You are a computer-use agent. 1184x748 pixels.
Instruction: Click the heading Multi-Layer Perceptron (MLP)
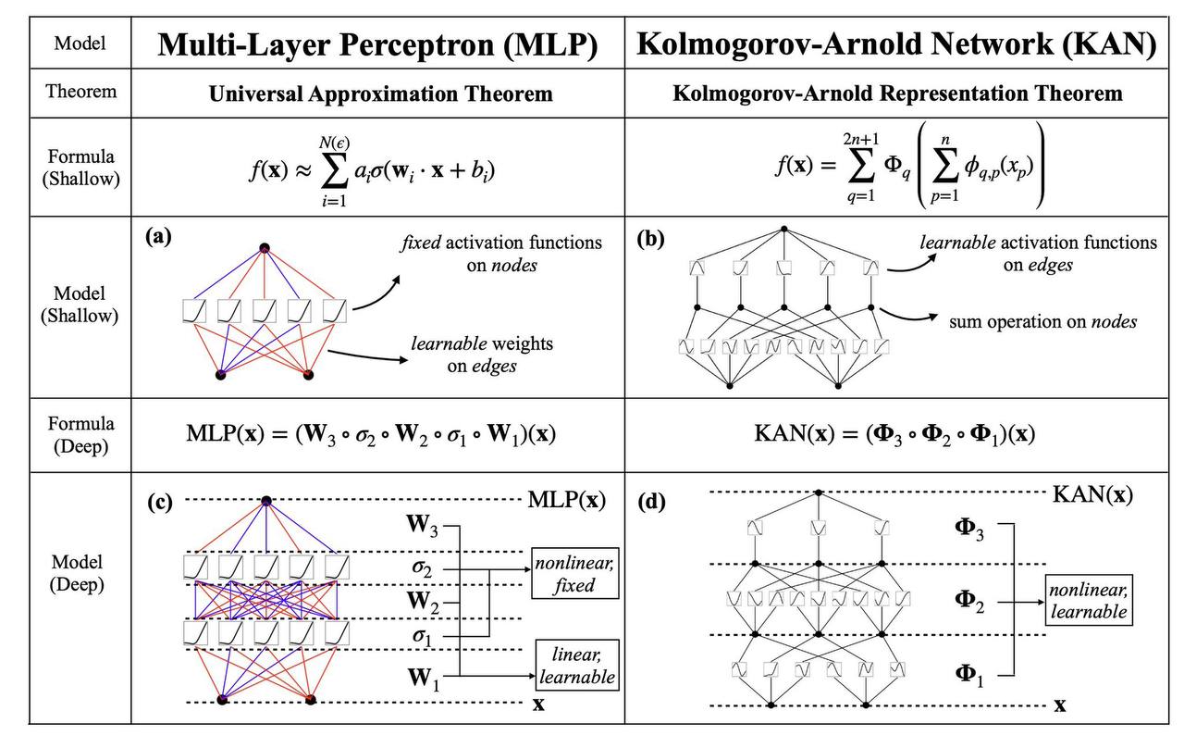[x=377, y=44]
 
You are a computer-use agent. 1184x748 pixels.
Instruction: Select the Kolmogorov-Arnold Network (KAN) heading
[x=897, y=44]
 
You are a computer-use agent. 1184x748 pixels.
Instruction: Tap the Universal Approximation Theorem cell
[x=380, y=94]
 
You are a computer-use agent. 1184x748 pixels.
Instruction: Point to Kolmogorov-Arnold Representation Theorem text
[x=897, y=93]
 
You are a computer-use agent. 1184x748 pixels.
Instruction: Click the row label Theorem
[x=80, y=91]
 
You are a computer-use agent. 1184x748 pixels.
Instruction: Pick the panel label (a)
[x=158, y=236]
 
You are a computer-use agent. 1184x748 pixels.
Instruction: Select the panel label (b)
[x=650, y=239]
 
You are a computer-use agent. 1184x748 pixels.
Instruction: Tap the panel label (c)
[x=160, y=502]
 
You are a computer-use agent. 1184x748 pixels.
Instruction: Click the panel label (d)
[x=651, y=502]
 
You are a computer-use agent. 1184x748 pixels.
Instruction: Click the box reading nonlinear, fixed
[x=574, y=573]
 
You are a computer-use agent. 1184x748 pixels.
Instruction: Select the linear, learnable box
[x=576, y=665]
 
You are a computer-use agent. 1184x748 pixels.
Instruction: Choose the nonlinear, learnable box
[x=1089, y=601]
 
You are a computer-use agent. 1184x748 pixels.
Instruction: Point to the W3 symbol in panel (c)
[x=422, y=525]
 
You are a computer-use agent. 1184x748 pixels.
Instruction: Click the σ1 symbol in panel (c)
[x=422, y=636]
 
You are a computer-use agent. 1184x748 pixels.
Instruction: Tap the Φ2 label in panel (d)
[x=969, y=602]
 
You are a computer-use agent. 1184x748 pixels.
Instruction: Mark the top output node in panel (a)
[x=265, y=247]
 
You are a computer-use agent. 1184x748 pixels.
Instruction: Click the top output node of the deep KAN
[x=819, y=492]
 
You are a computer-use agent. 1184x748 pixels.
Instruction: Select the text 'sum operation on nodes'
[x=1042, y=321]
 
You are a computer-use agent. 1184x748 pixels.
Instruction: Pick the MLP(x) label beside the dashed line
[x=567, y=499]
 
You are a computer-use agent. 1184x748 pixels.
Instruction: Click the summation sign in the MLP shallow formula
[x=335, y=171]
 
